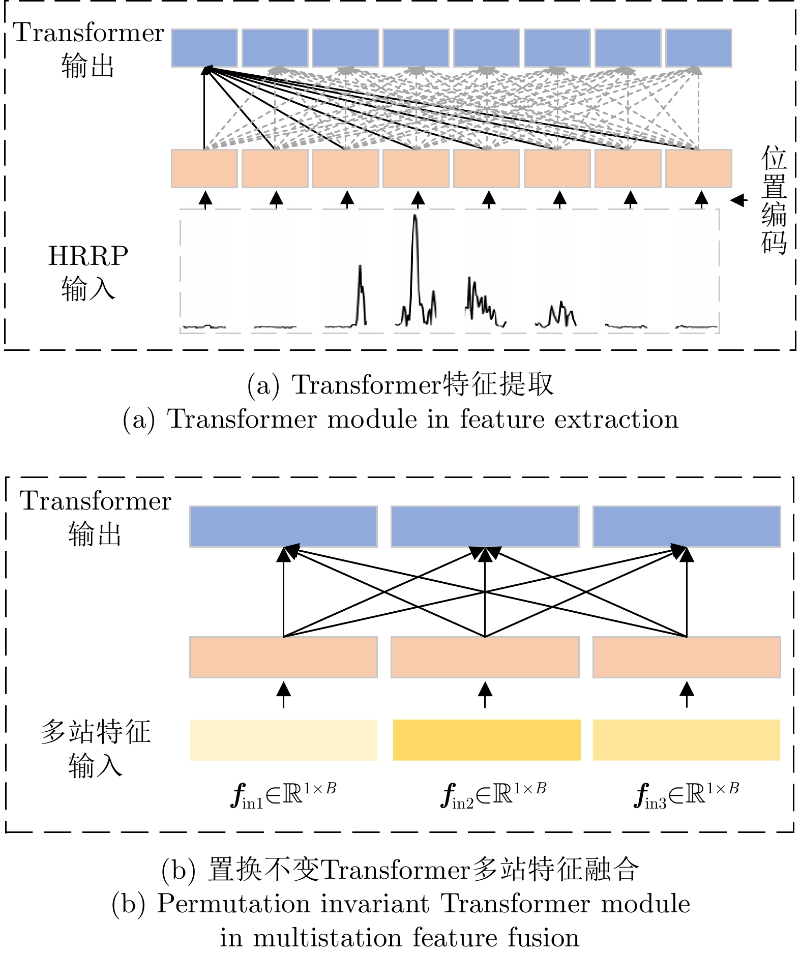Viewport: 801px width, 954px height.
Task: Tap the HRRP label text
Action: [x=88, y=256]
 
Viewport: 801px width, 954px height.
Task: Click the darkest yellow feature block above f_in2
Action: [x=486, y=740]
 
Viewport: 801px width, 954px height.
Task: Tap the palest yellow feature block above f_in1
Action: [x=283, y=740]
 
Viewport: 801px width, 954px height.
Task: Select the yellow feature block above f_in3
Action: [x=686, y=740]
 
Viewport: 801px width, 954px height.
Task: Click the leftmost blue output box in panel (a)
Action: [x=204, y=48]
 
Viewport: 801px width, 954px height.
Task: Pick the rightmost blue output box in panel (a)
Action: [x=698, y=48]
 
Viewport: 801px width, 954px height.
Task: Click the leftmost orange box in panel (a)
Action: [x=204, y=168]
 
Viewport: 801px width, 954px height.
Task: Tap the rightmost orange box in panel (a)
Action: [x=698, y=168]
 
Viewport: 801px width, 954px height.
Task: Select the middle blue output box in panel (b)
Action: [x=485, y=526]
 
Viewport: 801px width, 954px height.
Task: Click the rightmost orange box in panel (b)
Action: [x=686, y=657]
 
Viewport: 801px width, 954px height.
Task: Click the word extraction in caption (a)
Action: [x=616, y=420]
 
